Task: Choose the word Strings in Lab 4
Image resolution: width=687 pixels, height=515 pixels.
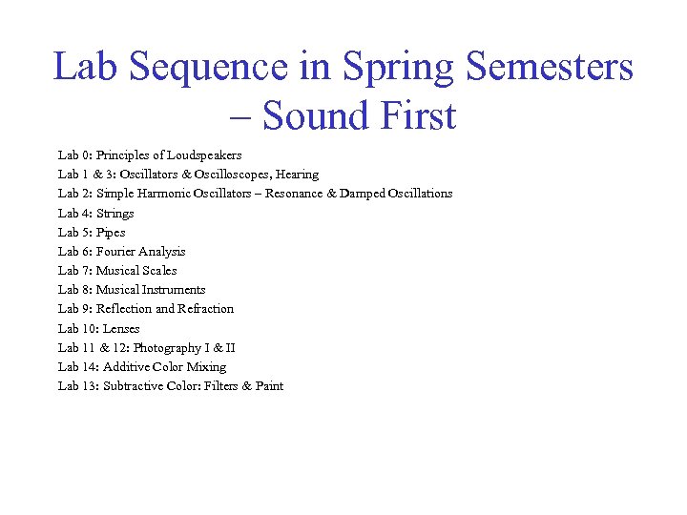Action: [x=115, y=213]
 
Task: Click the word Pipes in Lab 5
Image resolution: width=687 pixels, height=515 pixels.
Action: [x=111, y=232]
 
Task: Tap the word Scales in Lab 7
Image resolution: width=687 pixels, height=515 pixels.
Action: [x=158, y=271]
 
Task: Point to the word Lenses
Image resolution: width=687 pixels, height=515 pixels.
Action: [x=121, y=328]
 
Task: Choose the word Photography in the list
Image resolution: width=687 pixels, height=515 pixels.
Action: [x=167, y=348]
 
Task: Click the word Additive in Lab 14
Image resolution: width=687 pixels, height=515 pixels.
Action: [x=126, y=367]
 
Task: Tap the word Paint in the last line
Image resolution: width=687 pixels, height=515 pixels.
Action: [x=269, y=386]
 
